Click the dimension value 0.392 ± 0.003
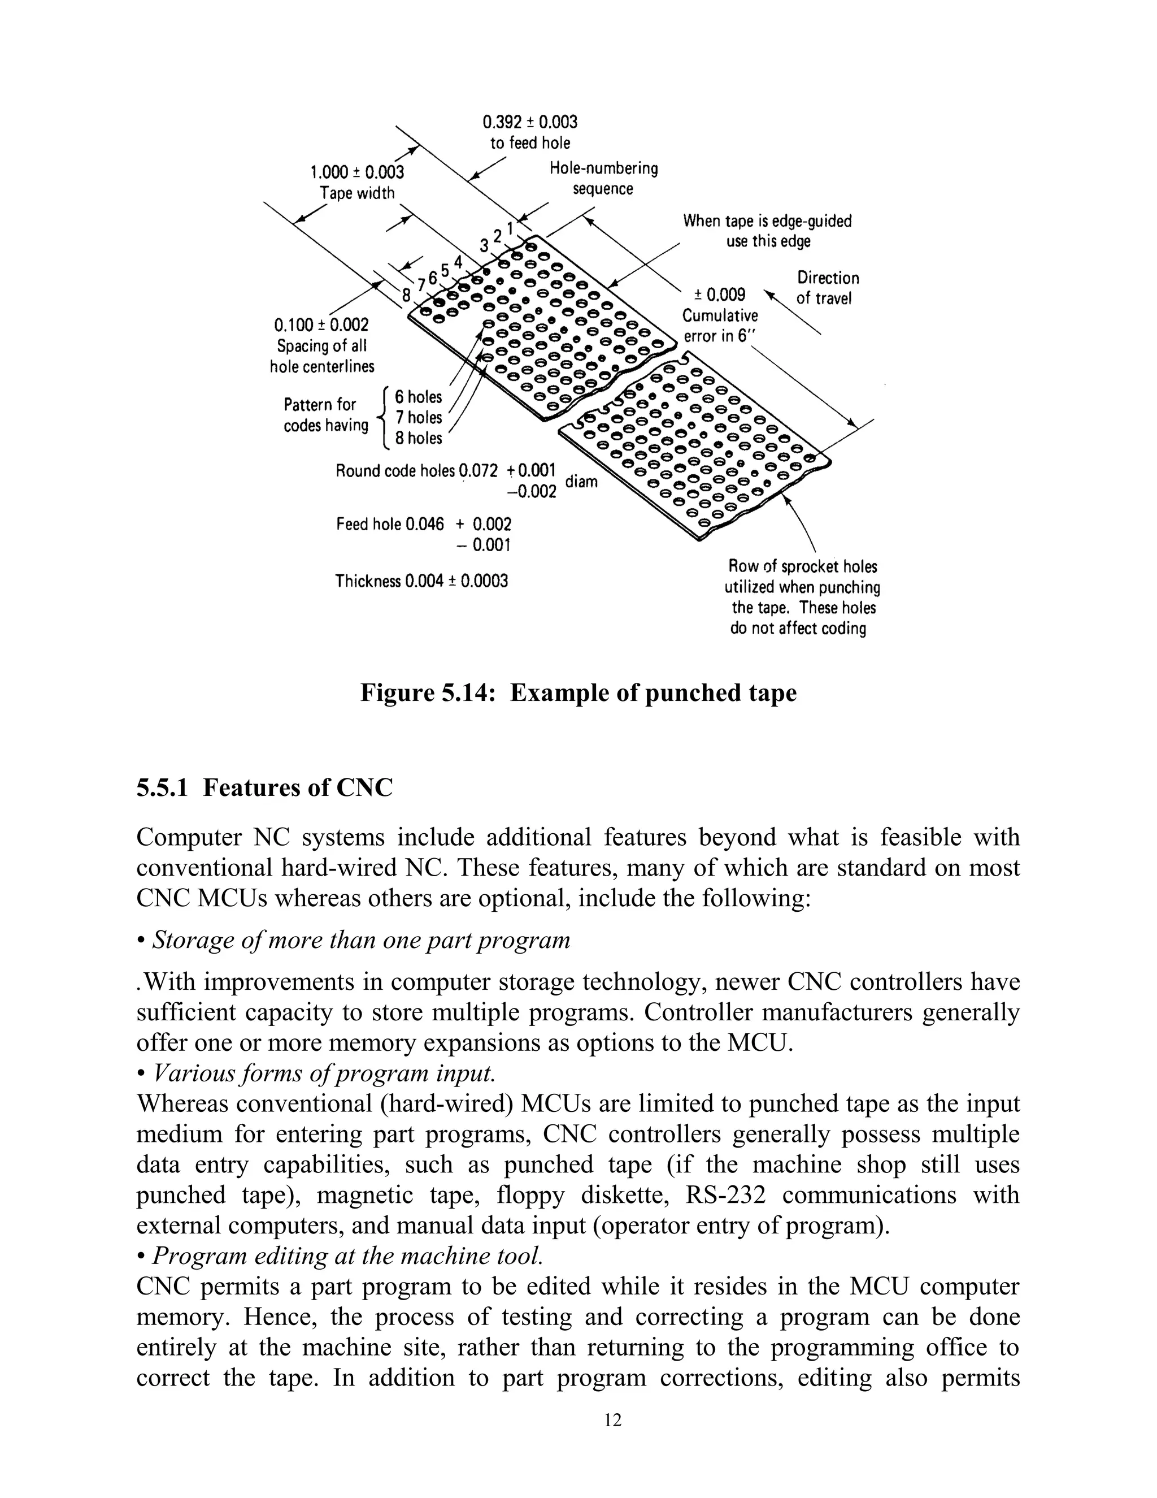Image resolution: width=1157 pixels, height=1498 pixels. point(530,122)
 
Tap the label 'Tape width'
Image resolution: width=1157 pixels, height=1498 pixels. point(357,193)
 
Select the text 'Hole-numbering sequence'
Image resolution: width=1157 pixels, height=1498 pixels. point(603,178)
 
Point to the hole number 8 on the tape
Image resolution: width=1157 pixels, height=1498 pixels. point(406,296)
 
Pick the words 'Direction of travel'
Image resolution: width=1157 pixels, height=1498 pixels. point(827,288)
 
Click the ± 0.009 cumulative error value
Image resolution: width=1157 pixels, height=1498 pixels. point(719,295)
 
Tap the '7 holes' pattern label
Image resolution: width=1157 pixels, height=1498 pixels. point(418,417)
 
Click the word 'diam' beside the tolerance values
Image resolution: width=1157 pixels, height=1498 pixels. point(581,482)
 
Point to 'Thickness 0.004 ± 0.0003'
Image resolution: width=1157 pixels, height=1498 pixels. point(421,582)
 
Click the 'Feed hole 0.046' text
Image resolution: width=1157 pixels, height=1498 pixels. point(390,525)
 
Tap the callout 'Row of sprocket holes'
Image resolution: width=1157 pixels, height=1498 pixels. point(802,566)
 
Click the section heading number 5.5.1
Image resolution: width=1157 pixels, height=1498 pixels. point(162,788)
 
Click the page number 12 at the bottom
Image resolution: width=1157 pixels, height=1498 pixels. point(613,1421)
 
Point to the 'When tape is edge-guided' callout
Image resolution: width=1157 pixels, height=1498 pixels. point(767,221)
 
